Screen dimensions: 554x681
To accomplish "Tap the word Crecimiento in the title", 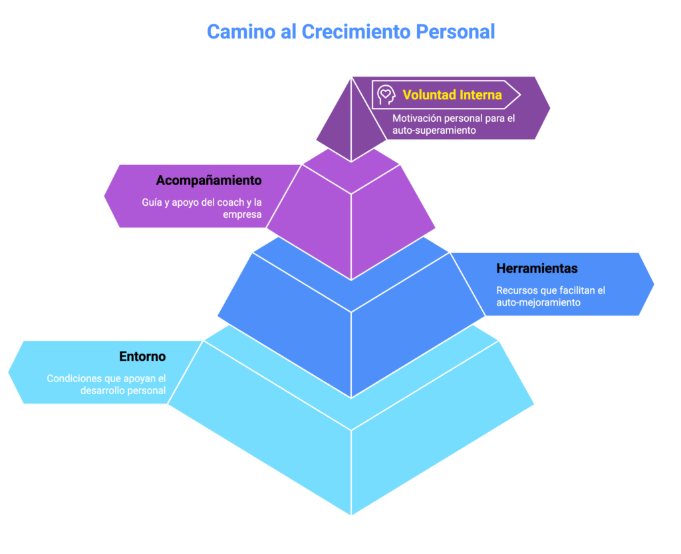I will tap(356, 31).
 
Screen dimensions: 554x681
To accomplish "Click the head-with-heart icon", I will tap(386, 95).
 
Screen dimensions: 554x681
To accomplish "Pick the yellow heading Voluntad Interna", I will tap(452, 95).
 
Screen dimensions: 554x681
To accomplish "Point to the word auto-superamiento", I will tap(434, 131).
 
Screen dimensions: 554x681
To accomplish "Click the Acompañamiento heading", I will tap(209, 180).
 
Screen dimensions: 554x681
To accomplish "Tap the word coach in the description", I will tap(221, 202).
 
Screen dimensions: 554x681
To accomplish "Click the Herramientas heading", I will tap(537, 269).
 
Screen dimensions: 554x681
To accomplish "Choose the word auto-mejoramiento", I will tap(539, 302).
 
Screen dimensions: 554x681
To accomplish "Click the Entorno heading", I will tap(142, 357).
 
